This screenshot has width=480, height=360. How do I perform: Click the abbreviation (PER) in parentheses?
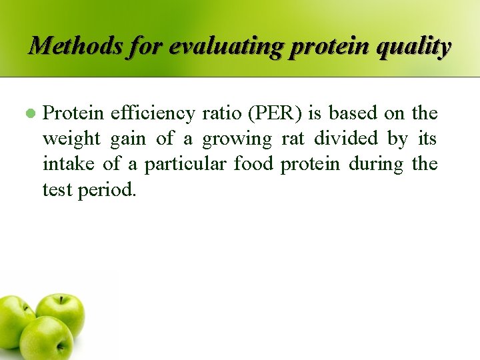[x=274, y=113]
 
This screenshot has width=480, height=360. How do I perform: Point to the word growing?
[x=237, y=139]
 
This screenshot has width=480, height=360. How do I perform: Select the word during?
[x=377, y=164]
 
